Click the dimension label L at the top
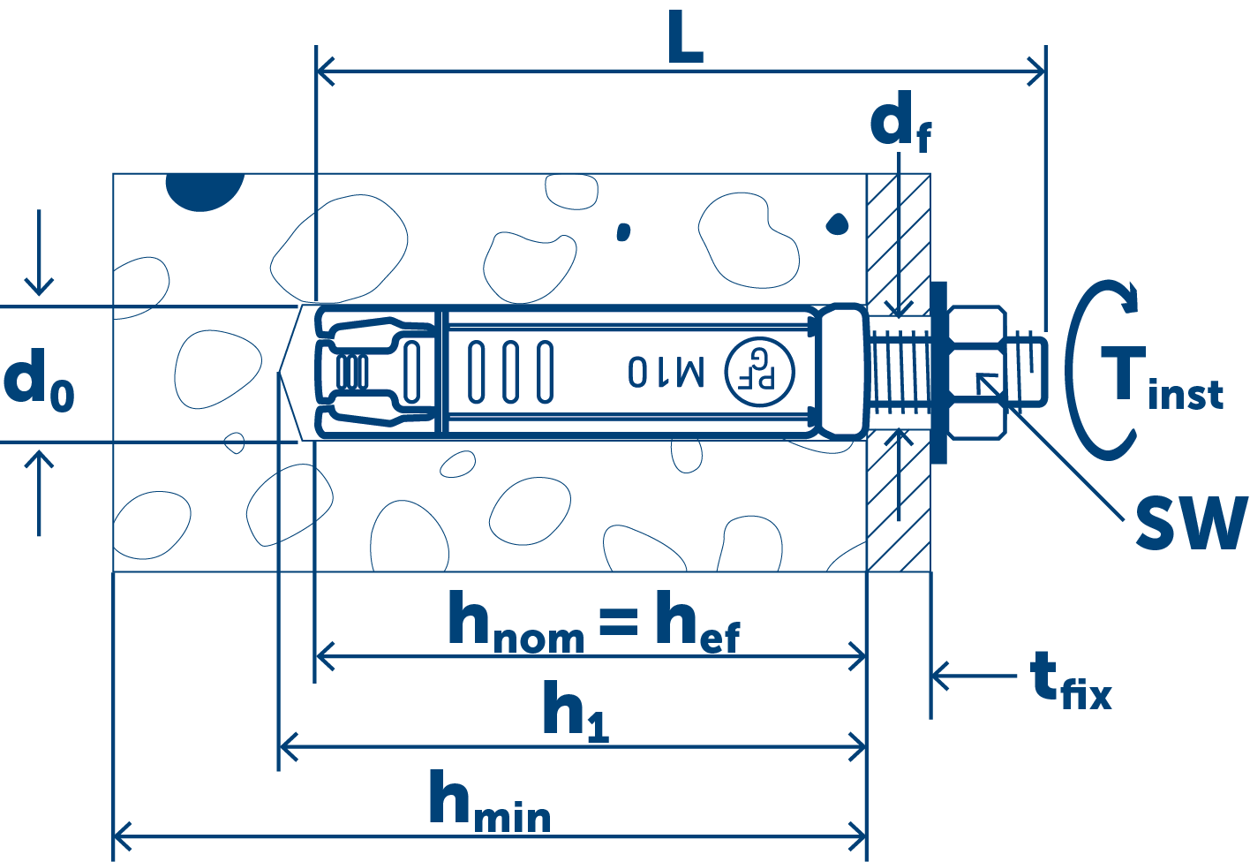[x=685, y=41]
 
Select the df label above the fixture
[x=900, y=125]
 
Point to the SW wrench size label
[x=1190, y=523]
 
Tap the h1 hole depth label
[x=575, y=710]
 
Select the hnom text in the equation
[x=516, y=624]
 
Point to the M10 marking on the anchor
[x=666, y=372]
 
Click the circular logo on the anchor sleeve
[x=759, y=372]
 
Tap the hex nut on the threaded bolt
[x=975, y=372]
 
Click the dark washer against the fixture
[x=937, y=372]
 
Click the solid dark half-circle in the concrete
[x=205, y=190]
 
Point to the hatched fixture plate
[x=899, y=512]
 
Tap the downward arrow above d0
[x=39, y=256]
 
